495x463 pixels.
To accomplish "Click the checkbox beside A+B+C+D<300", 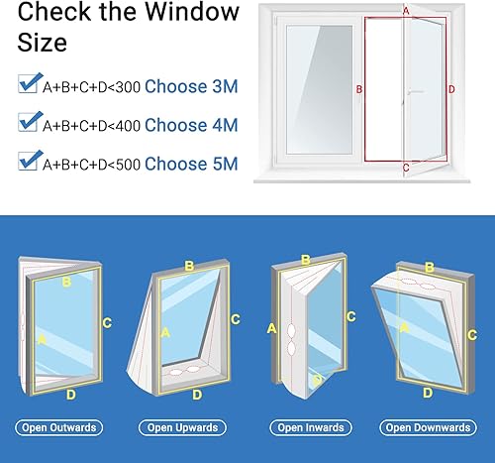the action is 29,83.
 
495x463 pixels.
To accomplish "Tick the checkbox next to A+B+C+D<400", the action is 29,122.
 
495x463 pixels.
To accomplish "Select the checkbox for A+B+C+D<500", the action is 29,161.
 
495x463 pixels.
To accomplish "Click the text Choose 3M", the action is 191,86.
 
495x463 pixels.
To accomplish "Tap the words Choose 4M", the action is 191,125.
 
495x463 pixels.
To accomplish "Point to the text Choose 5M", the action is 191,164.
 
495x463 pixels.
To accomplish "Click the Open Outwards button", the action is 59,427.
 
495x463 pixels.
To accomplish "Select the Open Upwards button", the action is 182,427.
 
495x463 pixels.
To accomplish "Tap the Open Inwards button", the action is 311,427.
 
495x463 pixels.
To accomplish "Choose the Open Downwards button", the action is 428,427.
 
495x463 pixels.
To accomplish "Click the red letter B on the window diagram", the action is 359,89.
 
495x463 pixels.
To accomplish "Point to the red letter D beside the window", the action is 451,89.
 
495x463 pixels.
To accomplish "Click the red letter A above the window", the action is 406,11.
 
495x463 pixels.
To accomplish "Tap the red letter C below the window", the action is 406,168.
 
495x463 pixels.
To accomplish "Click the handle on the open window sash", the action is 414,92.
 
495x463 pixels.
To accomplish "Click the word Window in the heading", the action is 192,12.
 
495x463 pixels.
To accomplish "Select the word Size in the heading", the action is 43,43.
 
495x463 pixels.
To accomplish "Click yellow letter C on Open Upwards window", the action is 236,319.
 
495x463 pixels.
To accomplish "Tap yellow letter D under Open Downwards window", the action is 428,393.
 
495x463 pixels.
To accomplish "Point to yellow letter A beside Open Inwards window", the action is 271,328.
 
